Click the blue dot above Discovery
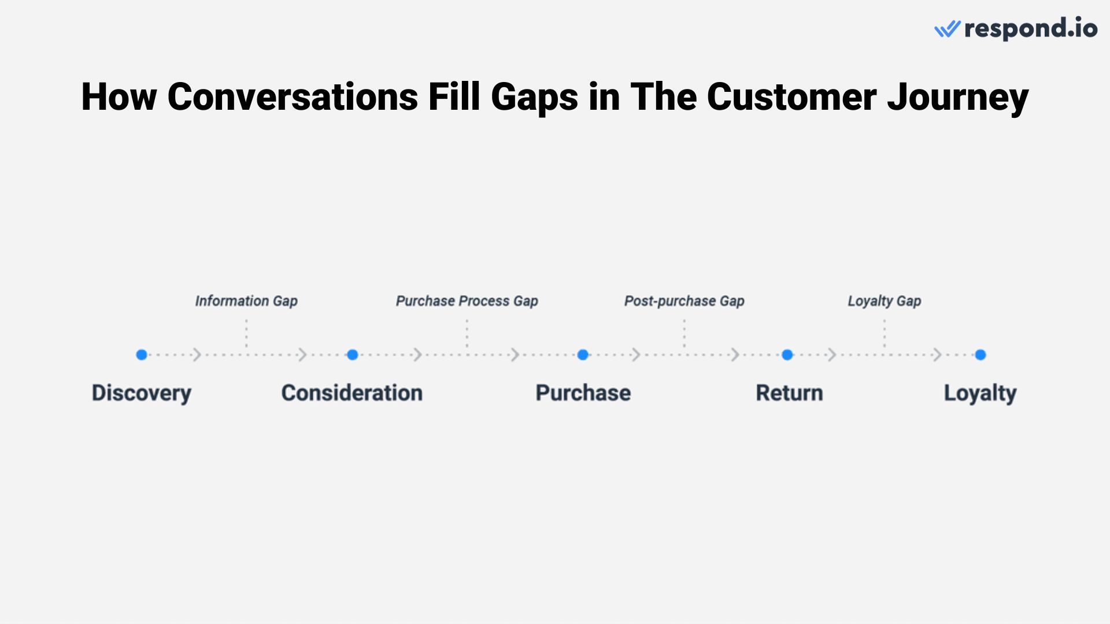pos(142,355)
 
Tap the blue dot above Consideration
pos(353,355)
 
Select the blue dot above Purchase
pos(583,355)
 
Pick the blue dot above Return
pos(787,355)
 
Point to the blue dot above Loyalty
pos(980,355)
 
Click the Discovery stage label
pos(142,393)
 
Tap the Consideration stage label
pos(351,393)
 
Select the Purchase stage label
pos(583,393)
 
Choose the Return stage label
pos(789,393)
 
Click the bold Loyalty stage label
pos(980,393)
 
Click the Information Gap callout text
pos(246,301)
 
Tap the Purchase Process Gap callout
pos(467,301)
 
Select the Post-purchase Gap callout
pos(684,301)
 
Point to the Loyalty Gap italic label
pos(884,301)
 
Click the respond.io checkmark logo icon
pos(947,29)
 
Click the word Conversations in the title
pos(292,96)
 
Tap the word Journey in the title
pos(957,96)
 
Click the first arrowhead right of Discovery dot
pos(197,355)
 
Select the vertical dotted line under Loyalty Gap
pos(884,334)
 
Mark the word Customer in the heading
pos(791,96)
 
